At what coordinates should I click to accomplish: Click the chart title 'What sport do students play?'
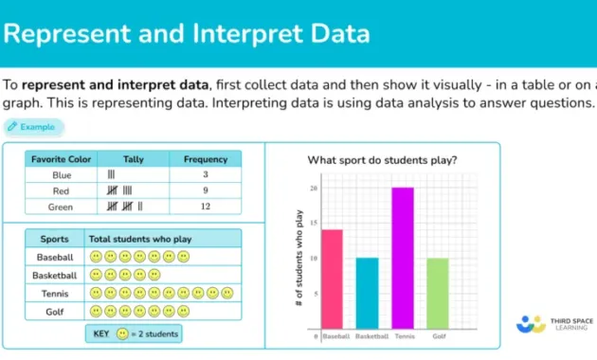tap(382, 160)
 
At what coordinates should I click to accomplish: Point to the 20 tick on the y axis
tap(314, 189)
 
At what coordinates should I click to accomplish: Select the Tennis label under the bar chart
tap(403, 336)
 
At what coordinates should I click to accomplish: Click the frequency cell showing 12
tap(206, 207)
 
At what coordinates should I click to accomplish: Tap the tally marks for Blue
tap(112, 175)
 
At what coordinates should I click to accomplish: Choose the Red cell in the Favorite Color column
tap(62, 190)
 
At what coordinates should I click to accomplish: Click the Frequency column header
tap(206, 159)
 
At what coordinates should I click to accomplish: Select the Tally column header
tap(134, 159)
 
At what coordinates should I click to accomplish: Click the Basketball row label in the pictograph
tap(55, 275)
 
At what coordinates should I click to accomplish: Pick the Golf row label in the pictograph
tap(55, 311)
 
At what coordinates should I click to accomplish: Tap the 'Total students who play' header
tap(138, 240)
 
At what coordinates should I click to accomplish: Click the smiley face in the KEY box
tap(121, 334)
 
